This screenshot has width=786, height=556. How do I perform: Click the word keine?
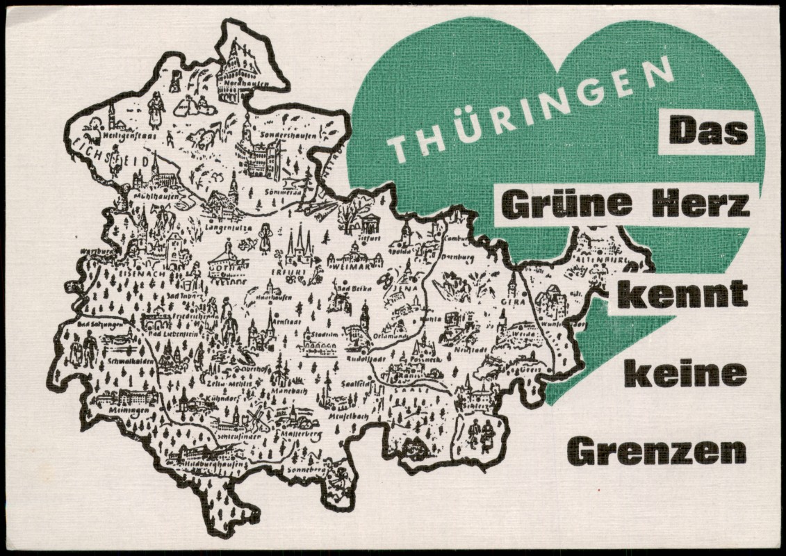[686, 375]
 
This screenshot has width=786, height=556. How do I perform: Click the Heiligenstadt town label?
[123, 137]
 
